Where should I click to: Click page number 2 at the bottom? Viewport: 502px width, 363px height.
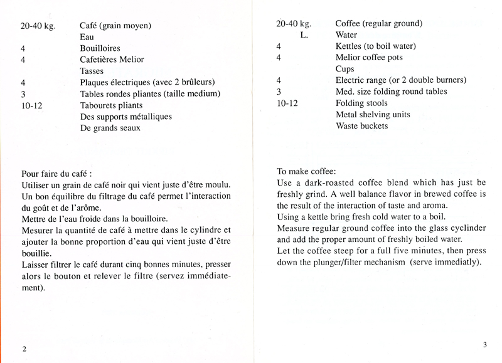coord(24,349)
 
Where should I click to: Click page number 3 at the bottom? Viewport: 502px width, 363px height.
coord(485,344)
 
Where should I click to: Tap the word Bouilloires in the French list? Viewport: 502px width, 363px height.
coord(100,48)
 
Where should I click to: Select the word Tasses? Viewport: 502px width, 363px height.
coord(92,71)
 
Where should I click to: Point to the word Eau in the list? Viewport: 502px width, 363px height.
coord(87,37)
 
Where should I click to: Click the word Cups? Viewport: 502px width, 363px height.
coord(345,69)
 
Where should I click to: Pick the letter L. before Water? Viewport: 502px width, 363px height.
coord(304,35)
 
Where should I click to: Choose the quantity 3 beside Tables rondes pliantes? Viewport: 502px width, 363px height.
coord(23,94)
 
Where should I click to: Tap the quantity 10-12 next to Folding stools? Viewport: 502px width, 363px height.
coord(287,103)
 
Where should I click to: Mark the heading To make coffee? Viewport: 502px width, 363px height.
coord(306,171)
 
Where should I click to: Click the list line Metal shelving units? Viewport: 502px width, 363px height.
coord(373,114)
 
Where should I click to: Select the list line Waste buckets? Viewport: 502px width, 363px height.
coord(361,125)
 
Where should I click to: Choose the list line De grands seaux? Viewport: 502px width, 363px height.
coord(110,128)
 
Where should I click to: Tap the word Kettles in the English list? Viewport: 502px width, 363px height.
coord(350,46)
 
